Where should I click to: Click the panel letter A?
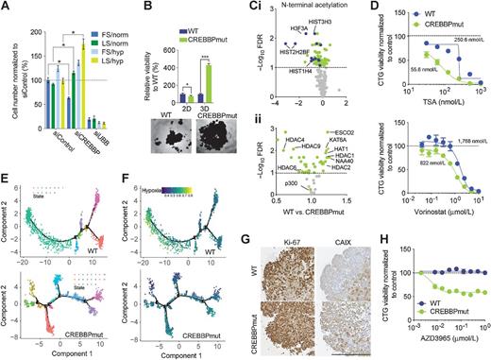click(x=7, y=8)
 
